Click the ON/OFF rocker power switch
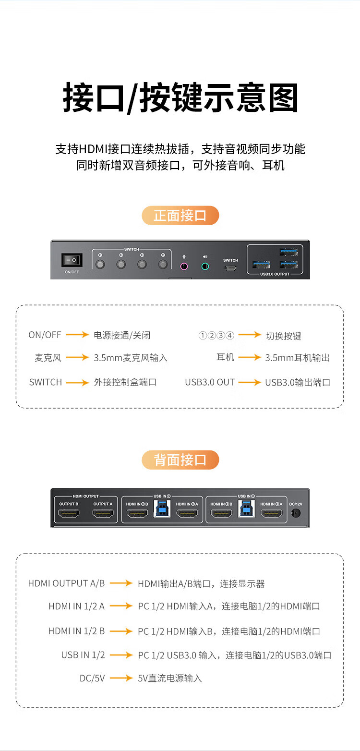pyautogui.click(x=72, y=260)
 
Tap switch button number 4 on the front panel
pyautogui.click(x=163, y=264)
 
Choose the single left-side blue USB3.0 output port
pyautogui.click(x=261, y=265)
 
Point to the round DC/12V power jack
pyautogui.click(x=296, y=513)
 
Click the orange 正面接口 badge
pyautogui.click(x=180, y=216)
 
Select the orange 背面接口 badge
pyautogui.click(x=180, y=460)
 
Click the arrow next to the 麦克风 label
pyautogui.click(x=77, y=358)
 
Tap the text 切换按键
pyautogui.click(x=283, y=336)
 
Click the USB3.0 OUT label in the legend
pyautogui.click(x=210, y=382)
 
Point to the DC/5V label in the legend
pyautogui.click(x=92, y=678)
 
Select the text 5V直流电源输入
pyautogui.click(x=170, y=678)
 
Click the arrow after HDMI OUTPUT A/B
pyautogui.click(x=121, y=583)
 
